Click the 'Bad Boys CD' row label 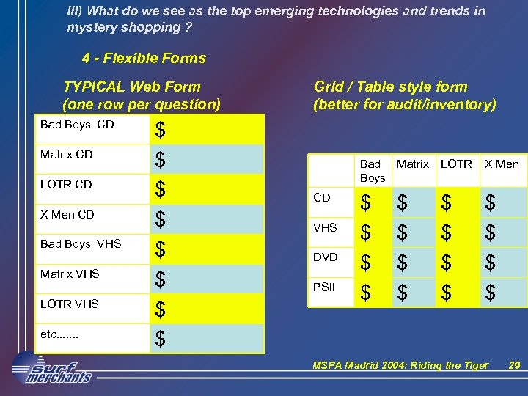coord(77,125)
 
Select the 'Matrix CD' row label coord(66,155)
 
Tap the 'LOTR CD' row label coord(66,184)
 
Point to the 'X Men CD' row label coord(67,214)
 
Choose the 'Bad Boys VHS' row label coord(81,243)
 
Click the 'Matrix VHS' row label coord(70,274)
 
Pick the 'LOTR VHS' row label coord(70,304)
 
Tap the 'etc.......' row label coord(59,334)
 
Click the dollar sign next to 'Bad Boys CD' coord(160,130)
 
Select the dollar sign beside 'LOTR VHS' coord(160,309)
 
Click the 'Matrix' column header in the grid coord(412,164)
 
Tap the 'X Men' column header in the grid coord(502,164)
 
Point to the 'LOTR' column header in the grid coord(456,164)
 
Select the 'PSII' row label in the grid coord(323,287)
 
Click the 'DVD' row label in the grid coord(325,257)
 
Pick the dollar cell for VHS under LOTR coord(447,234)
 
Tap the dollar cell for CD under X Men coord(491,204)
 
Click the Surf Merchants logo coord(53,367)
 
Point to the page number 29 coord(513,364)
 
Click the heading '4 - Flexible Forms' coord(144,58)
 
